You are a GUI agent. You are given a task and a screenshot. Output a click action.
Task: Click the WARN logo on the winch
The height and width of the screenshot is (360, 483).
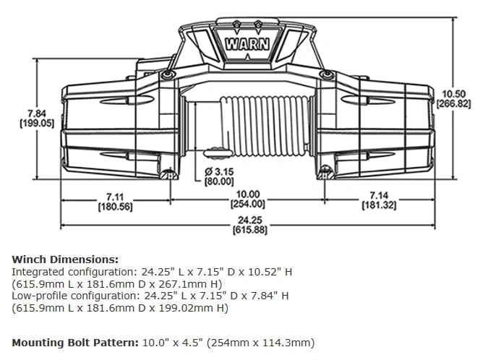tap(248, 43)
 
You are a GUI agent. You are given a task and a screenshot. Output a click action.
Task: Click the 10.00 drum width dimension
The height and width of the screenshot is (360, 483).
tap(248, 194)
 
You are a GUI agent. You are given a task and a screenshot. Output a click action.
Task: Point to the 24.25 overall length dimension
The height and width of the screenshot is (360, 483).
tap(248, 220)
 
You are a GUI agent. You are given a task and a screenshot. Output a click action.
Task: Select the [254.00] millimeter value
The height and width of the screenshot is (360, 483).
tap(248, 204)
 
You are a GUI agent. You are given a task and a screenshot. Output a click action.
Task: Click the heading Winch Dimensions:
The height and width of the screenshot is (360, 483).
tap(65, 258)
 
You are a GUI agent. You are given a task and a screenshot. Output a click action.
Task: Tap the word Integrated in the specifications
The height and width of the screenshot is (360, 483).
tap(38, 271)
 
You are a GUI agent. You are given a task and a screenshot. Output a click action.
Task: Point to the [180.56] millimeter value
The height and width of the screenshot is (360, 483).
tap(114, 207)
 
